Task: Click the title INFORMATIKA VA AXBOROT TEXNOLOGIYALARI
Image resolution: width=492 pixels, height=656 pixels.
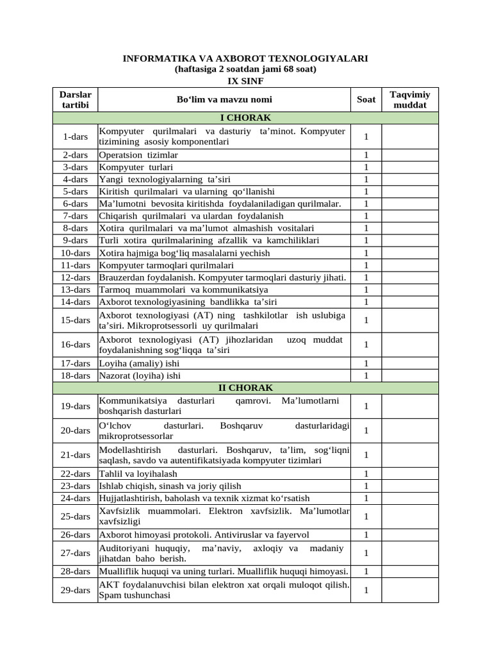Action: coord(245,58)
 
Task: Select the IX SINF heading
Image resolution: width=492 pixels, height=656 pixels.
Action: coord(245,81)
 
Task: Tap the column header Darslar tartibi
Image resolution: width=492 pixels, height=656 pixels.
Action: coord(75,99)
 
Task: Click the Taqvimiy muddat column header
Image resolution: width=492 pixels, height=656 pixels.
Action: coord(410,99)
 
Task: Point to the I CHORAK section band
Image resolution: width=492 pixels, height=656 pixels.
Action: coord(245,118)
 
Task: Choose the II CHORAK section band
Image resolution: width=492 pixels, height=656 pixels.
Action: coord(245,388)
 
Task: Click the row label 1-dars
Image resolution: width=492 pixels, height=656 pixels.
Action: coord(75,137)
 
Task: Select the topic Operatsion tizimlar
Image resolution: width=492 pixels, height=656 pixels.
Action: coord(138,155)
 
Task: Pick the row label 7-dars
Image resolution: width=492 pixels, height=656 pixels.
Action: coord(75,216)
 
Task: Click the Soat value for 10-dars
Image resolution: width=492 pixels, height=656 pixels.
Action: coord(366,253)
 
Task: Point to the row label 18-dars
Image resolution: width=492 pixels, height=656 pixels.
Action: coord(75,375)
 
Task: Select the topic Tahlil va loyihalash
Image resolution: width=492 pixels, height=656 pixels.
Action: coord(138,474)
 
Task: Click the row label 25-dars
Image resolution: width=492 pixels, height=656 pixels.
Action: coord(75,516)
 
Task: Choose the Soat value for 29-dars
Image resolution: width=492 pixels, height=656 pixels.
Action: coord(366,590)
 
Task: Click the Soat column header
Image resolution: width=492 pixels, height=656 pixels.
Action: coord(366,99)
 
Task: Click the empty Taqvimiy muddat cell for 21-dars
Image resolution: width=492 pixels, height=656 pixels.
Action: coord(410,455)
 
